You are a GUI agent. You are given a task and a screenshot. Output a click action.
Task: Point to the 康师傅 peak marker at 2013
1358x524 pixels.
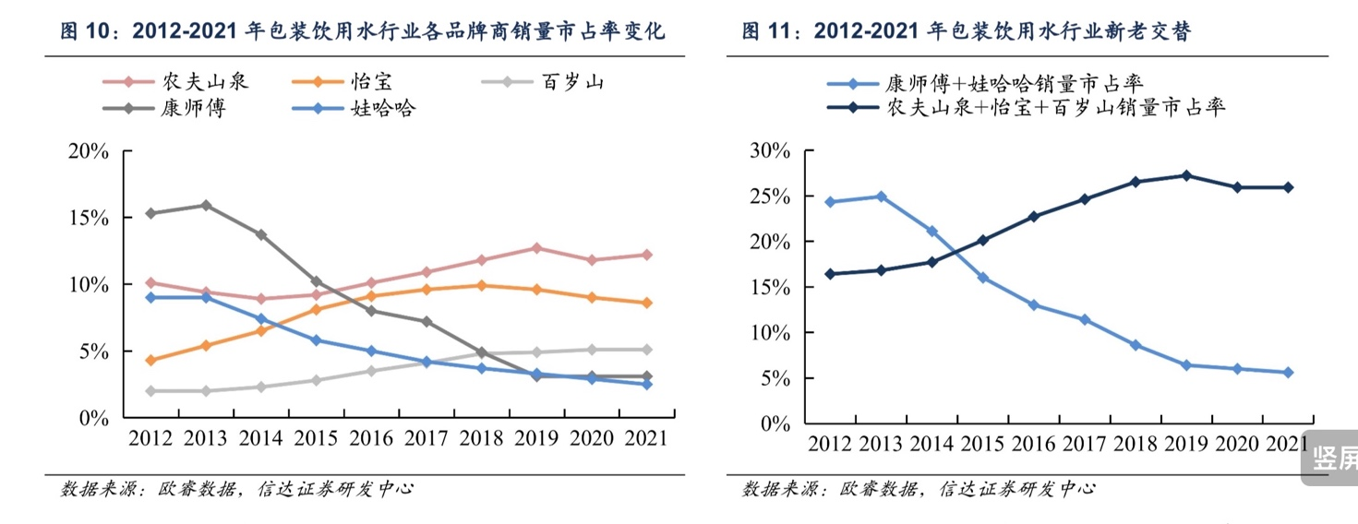click(x=206, y=205)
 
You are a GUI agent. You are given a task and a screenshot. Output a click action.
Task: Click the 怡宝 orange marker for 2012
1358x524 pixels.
click(x=150, y=360)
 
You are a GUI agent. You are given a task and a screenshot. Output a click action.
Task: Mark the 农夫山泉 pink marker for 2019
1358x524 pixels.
click(x=536, y=247)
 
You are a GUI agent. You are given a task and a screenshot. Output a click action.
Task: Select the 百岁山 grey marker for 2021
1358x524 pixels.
click(x=647, y=350)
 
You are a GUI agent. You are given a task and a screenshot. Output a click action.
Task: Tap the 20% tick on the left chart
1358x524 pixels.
click(x=89, y=151)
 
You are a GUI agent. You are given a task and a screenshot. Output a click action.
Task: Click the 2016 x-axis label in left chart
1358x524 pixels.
click(x=371, y=437)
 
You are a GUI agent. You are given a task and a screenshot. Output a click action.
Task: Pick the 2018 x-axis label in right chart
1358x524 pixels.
click(x=1136, y=444)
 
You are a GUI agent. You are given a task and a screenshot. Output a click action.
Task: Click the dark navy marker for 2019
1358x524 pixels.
click(x=1186, y=175)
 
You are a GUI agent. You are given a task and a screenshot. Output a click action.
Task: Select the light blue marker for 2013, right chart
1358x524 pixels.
click(x=881, y=196)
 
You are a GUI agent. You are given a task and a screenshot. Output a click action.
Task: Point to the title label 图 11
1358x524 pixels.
click(x=772, y=31)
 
